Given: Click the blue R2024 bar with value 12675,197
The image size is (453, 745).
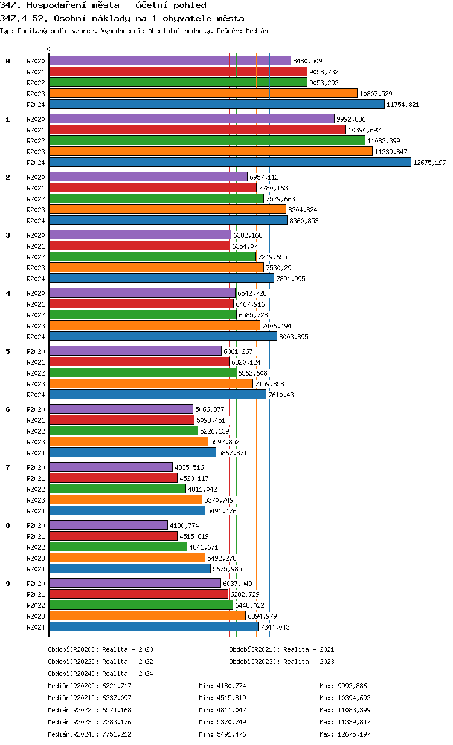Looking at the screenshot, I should pos(230,162).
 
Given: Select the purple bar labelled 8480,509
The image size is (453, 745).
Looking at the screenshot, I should pos(170,60).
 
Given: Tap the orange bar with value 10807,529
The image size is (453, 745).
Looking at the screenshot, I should pos(203,93).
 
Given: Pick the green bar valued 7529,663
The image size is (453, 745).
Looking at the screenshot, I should pos(156,198).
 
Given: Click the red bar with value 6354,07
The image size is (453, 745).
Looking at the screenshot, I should pos(139,246).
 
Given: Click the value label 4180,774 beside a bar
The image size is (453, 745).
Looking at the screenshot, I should pos(184,525).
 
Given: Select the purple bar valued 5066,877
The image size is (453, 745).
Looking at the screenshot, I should pos(121,409).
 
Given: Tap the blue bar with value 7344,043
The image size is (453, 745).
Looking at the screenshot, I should pos(153,626).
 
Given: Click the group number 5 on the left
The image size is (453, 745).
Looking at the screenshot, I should pos(8,351).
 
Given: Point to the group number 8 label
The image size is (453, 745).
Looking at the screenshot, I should pos(8,525).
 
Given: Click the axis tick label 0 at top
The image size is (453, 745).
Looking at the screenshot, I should pos(49,50).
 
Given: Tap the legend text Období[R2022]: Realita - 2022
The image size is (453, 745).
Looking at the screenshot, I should pos(100,662).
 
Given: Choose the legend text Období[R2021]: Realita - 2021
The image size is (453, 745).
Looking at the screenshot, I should pos(281,649).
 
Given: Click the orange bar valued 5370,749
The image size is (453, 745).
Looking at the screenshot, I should pos(125,499).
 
